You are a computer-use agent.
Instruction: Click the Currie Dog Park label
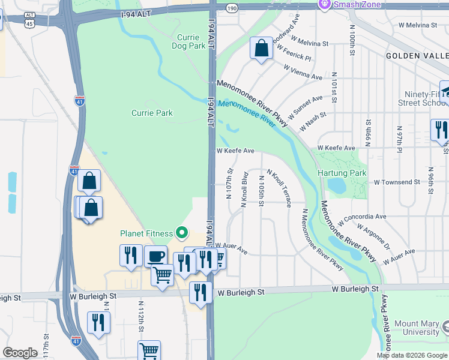click(x=184, y=41)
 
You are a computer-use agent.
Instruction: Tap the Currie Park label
click(x=152, y=113)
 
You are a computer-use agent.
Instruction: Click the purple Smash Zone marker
click(x=325, y=5)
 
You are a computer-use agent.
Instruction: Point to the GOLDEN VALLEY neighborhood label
click(x=417, y=55)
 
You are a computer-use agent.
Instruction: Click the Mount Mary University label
click(x=417, y=328)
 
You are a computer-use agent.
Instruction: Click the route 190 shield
click(x=232, y=7)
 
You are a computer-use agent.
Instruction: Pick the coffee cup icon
click(x=156, y=256)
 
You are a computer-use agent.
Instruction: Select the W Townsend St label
click(x=397, y=182)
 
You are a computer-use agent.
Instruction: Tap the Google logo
click(x=20, y=353)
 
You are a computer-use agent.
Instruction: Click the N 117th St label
click(x=46, y=347)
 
